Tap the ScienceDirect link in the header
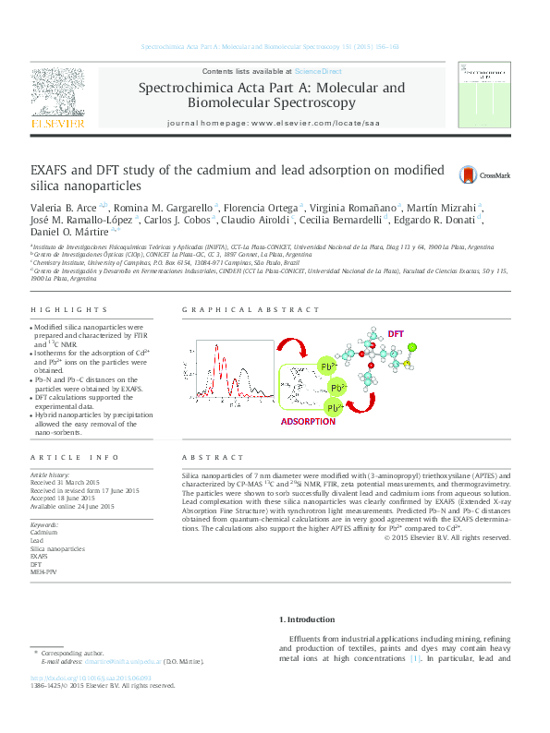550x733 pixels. click(318, 71)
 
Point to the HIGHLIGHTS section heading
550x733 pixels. click(57, 311)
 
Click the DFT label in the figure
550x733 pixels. click(396, 332)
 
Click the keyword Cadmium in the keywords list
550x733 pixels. click(44, 534)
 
